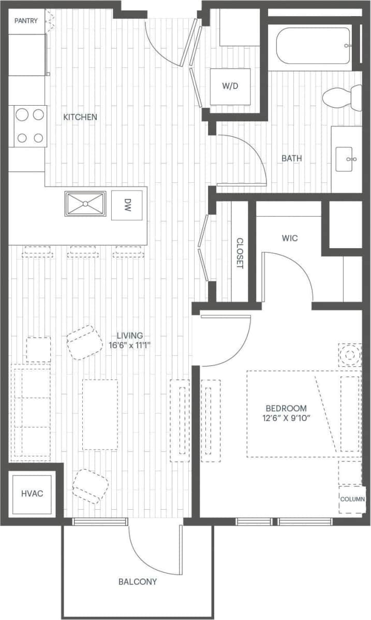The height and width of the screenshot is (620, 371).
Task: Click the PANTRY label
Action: [26, 21]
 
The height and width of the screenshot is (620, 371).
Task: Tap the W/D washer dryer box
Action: [230, 85]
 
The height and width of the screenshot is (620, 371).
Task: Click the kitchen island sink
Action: [85, 203]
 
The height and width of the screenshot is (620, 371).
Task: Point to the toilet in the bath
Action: [341, 97]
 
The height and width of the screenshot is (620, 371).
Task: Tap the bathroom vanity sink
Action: [346, 159]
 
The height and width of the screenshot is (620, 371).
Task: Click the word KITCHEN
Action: [80, 117]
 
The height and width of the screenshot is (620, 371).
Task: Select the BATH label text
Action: [292, 158]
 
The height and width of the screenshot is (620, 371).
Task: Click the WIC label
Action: [290, 238]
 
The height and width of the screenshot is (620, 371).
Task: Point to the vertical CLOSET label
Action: [240, 253]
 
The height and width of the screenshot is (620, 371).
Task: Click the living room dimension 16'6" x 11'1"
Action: [129, 345]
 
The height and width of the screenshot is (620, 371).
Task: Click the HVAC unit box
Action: [32, 494]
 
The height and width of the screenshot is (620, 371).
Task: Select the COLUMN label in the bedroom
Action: [352, 499]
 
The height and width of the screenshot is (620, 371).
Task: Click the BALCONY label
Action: [138, 582]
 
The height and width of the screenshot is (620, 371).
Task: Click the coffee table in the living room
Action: [100, 414]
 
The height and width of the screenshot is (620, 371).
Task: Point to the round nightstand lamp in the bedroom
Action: [350, 355]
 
